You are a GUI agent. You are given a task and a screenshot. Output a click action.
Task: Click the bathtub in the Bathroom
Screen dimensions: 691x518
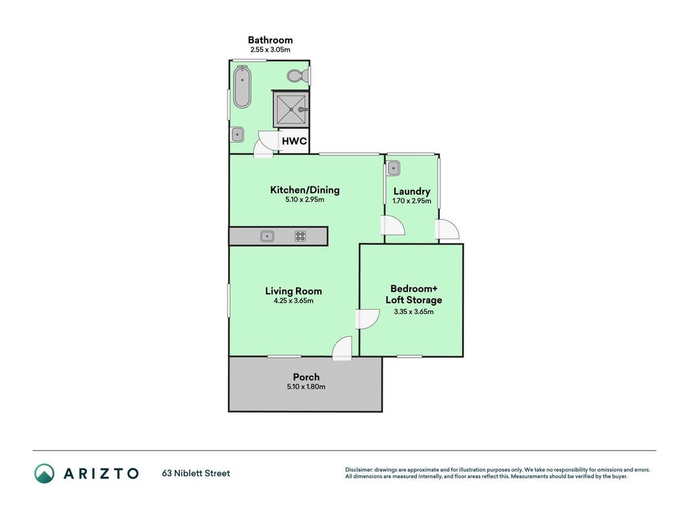[x=242, y=87]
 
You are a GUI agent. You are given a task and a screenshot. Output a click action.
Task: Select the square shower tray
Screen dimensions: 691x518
[x=291, y=109]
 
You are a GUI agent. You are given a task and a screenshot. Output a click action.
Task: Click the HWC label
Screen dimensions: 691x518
[x=294, y=141]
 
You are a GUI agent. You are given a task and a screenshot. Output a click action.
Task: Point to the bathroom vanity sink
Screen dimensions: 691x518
[x=238, y=134]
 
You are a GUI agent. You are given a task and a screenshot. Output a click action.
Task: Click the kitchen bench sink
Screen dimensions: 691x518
[x=267, y=236]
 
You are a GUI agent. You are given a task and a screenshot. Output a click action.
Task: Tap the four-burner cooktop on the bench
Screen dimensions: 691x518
[x=300, y=236]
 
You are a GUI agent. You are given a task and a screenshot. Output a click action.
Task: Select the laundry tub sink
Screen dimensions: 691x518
[x=393, y=168]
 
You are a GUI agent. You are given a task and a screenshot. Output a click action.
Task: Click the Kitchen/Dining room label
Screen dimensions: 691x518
[x=305, y=190]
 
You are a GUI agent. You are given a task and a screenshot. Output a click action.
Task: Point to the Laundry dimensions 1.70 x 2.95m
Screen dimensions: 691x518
[x=412, y=201]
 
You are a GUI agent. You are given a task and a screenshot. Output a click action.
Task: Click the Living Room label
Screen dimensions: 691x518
[x=293, y=291]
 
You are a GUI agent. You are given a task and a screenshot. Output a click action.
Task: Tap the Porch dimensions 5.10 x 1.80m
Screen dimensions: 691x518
[x=306, y=387]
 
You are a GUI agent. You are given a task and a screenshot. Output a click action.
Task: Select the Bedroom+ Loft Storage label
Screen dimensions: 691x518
[x=414, y=294]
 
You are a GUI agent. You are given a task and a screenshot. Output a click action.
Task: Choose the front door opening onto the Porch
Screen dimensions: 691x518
[x=343, y=348]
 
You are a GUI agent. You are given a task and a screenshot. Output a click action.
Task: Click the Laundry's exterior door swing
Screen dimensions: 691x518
[x=447, y=229]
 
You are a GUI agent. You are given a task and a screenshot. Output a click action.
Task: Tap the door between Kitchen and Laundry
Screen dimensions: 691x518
[x=392, y=226]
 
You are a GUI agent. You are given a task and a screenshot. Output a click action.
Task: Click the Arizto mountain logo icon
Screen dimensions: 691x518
[x=45, y=473]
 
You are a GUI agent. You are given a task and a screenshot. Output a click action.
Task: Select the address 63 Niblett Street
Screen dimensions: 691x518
[x=196, y=473]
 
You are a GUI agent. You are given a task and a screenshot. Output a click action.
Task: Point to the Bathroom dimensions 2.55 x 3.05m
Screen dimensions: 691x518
[x=270, y=50]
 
